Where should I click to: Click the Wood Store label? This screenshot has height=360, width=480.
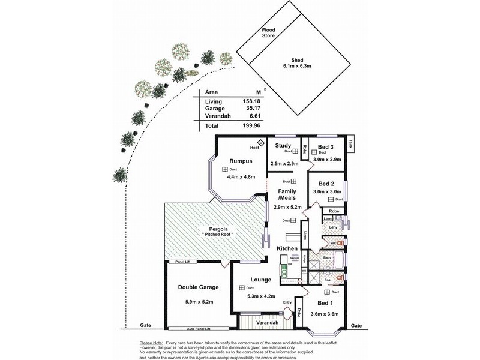point(267,32)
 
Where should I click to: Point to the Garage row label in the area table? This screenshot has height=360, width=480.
point(216,109)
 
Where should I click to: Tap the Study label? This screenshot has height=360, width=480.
point(283,145)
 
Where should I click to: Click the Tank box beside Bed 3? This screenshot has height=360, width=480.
point(350,144)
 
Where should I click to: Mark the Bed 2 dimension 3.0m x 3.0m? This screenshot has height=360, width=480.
point(327,191)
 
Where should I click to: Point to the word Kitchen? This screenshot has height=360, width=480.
point(287,248)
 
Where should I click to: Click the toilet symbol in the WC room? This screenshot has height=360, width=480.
point(340,244)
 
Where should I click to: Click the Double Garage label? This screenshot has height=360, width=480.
point(198,287)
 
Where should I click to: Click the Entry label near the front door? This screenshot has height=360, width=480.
point(287,302)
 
